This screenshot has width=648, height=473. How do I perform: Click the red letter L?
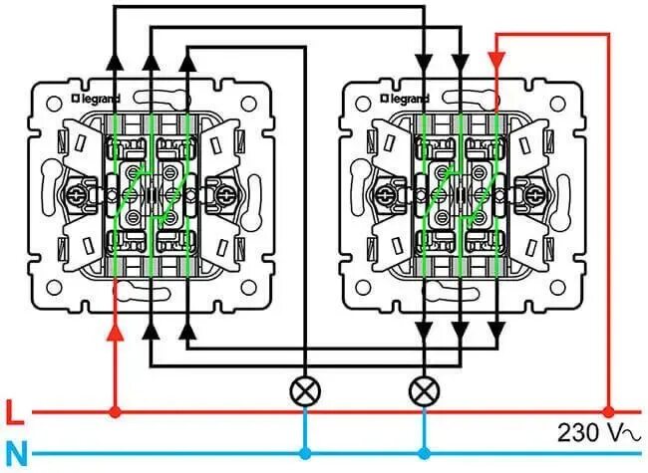click(14, 410)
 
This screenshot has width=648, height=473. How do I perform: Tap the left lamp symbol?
click(303, 389)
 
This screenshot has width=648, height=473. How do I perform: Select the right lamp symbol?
click(426, 389)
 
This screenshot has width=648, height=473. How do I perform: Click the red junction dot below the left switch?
click(116, 410)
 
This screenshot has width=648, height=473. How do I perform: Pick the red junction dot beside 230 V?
click(607, 410)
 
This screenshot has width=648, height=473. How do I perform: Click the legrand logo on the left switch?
click(98, 100)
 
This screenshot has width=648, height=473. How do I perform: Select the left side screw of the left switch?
click(76, 191)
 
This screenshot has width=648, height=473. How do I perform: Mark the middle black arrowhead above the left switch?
click(152, 63)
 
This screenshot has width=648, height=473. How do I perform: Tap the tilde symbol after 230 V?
click(628, 434)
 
